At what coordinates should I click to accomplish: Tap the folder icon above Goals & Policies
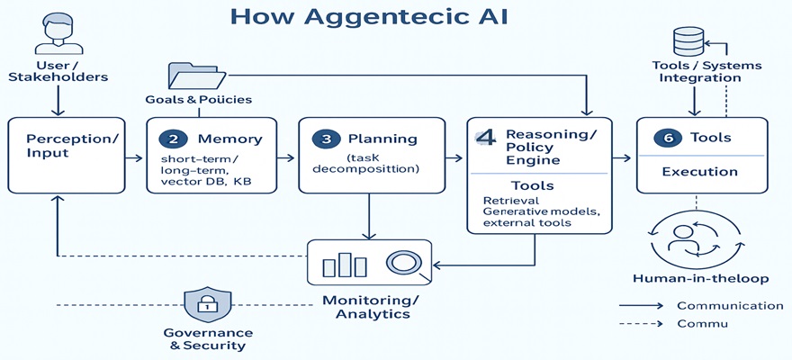pyautogui.click(x=193, y=76)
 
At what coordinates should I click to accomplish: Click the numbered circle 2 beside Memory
pyautogui.click(x=172, y=139)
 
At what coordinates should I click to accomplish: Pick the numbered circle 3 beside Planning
pyautogui.click(x=324, y=139)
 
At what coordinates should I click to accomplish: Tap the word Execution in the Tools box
pyautogui.click(x=699, y=171)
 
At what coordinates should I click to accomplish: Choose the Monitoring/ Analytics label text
pyautogui.click(x=372, y=306)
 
